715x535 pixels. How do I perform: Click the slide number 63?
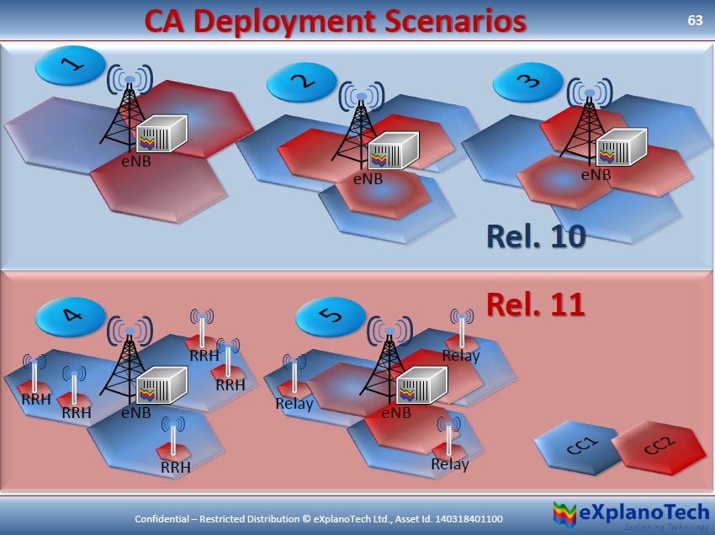pyautogui.click(x=695, y=20)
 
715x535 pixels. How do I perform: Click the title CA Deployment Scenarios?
pyautogui.click(x=335, y=21)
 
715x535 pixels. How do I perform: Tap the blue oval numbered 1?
pyautogui.click(x=70, y=65)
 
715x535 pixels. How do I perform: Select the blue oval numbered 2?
pyautogui.click(x=301, y=82)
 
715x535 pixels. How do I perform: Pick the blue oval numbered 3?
pyautogui.click(x=527, y=82)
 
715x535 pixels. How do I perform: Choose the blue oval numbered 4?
pyautogui.click(x=70, y=317)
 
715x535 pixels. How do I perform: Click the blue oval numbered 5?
pyautogui.click(x=330, y=317)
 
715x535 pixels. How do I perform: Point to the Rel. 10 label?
pyautogui.click(x=536, y=236)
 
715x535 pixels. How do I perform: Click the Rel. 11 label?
pyautogui.click(x=535, y=304)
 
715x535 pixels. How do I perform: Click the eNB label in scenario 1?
pyautogui.click(x=135, y=161)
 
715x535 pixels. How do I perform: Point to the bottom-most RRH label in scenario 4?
pyautogui.click(x=176, y=467)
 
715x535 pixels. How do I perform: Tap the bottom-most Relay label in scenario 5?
pyautogui.click(x=449, y=463)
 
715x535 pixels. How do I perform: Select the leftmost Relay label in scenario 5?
pyautogui.click(x=294, y=404)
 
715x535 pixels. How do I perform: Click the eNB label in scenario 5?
pyautogui.click(x=396, y=413)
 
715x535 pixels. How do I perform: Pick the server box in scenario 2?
pyautogui.click(x=393, y=151)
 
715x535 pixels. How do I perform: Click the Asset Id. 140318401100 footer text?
pyautogui.click(x=442, y=519)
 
